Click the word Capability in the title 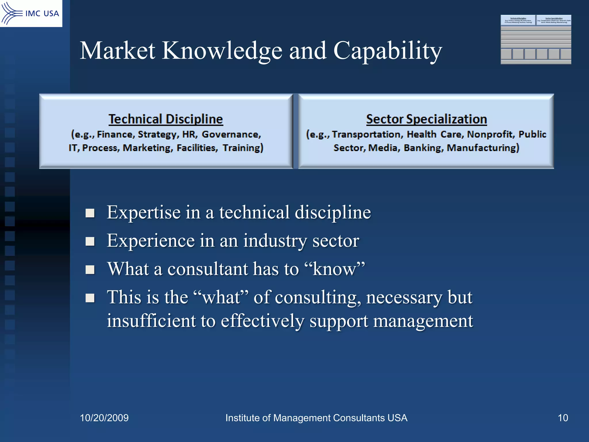(x=387, y=51)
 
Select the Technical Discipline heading (x=166, y=119)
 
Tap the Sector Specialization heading (x=426, y=119)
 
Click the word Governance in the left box (x=231, y=134)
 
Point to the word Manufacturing (x=483, y=148)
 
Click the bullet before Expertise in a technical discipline (x=90, y=213)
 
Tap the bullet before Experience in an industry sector (x=90, y=241)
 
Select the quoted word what (x=221, y=297)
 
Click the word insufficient (x=151, y=321)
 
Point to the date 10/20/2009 (x=104, y=418)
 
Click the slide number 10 (x=563, y=418)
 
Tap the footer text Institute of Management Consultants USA (x=316, y=418)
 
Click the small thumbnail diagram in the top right (x=536, y=39)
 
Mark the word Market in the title (x=117, y=51)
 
